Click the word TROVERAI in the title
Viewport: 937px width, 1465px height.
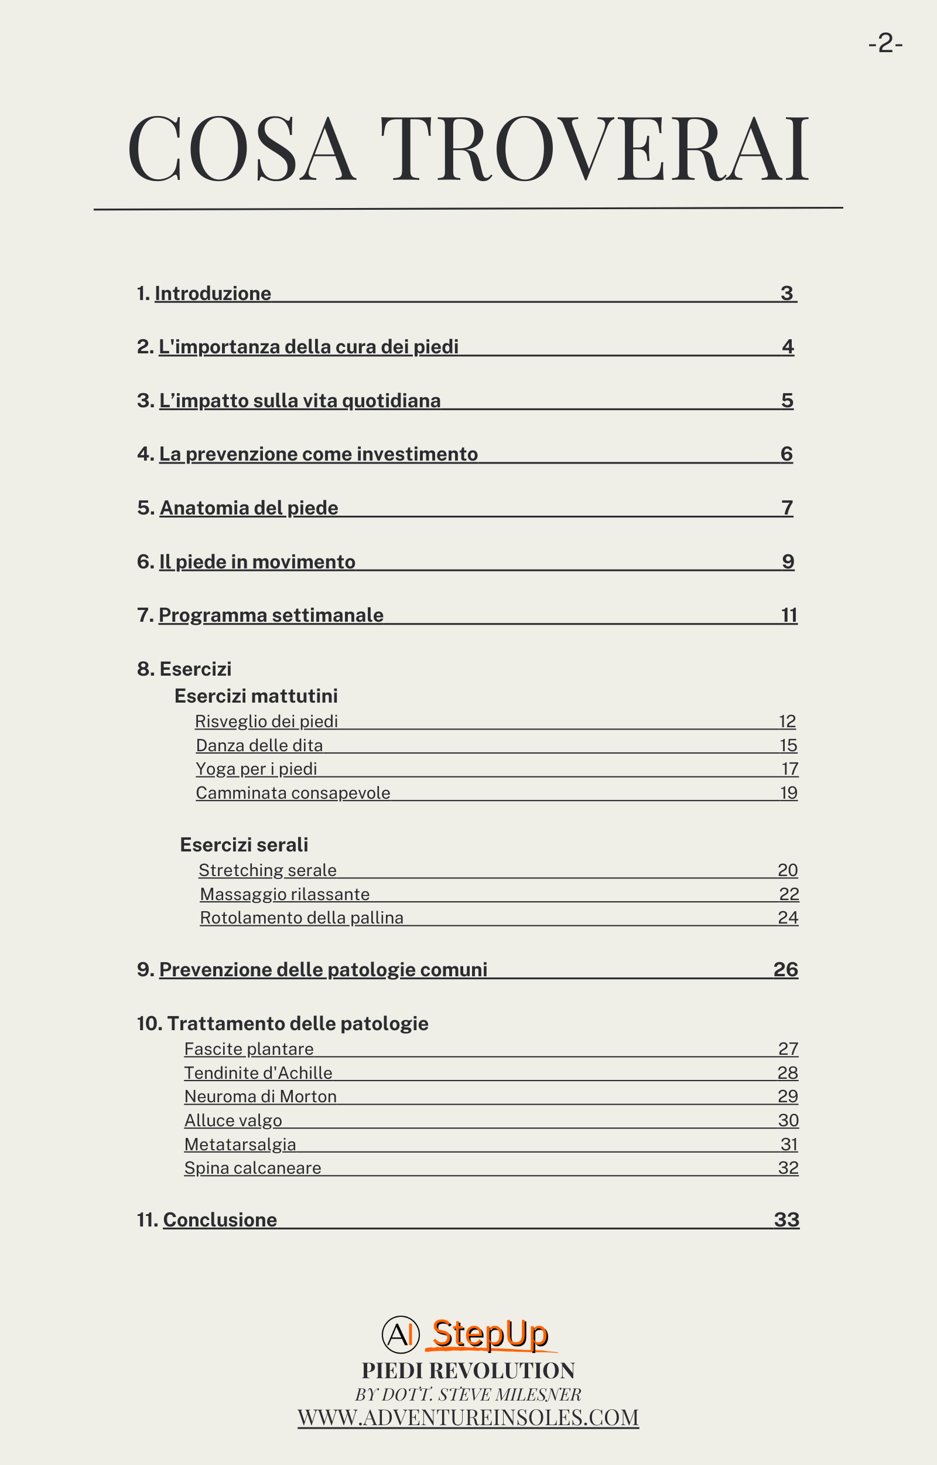click(594, 149)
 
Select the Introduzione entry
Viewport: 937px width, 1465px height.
click(213, 294)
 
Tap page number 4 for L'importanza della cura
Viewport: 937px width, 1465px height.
click(788, 347)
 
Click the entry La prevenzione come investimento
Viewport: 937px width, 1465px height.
click(318, 454)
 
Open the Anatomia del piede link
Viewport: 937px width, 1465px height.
click(248, 507)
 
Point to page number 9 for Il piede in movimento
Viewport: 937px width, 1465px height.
click(788, 561)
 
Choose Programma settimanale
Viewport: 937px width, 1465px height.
click(271, 615)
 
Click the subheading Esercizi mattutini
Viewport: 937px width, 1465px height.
click(255, 696)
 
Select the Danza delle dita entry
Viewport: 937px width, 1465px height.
click(259, 745)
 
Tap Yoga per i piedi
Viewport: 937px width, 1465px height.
click(256, 769)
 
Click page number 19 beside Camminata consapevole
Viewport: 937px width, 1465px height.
click(788, 792)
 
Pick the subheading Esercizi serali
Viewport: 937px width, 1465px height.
click(244, 845)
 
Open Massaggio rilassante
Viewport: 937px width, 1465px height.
click(285, 894)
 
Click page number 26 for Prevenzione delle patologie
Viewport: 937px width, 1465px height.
click(785, 970)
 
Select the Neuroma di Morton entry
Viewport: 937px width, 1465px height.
click(261, 1096)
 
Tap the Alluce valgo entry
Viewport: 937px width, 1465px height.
click(233, 1120)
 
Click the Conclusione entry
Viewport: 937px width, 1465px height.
click(220, 1219)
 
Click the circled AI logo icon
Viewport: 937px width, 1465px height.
click(401, 1335)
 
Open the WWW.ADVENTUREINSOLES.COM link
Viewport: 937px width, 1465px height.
click(468, 1418)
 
